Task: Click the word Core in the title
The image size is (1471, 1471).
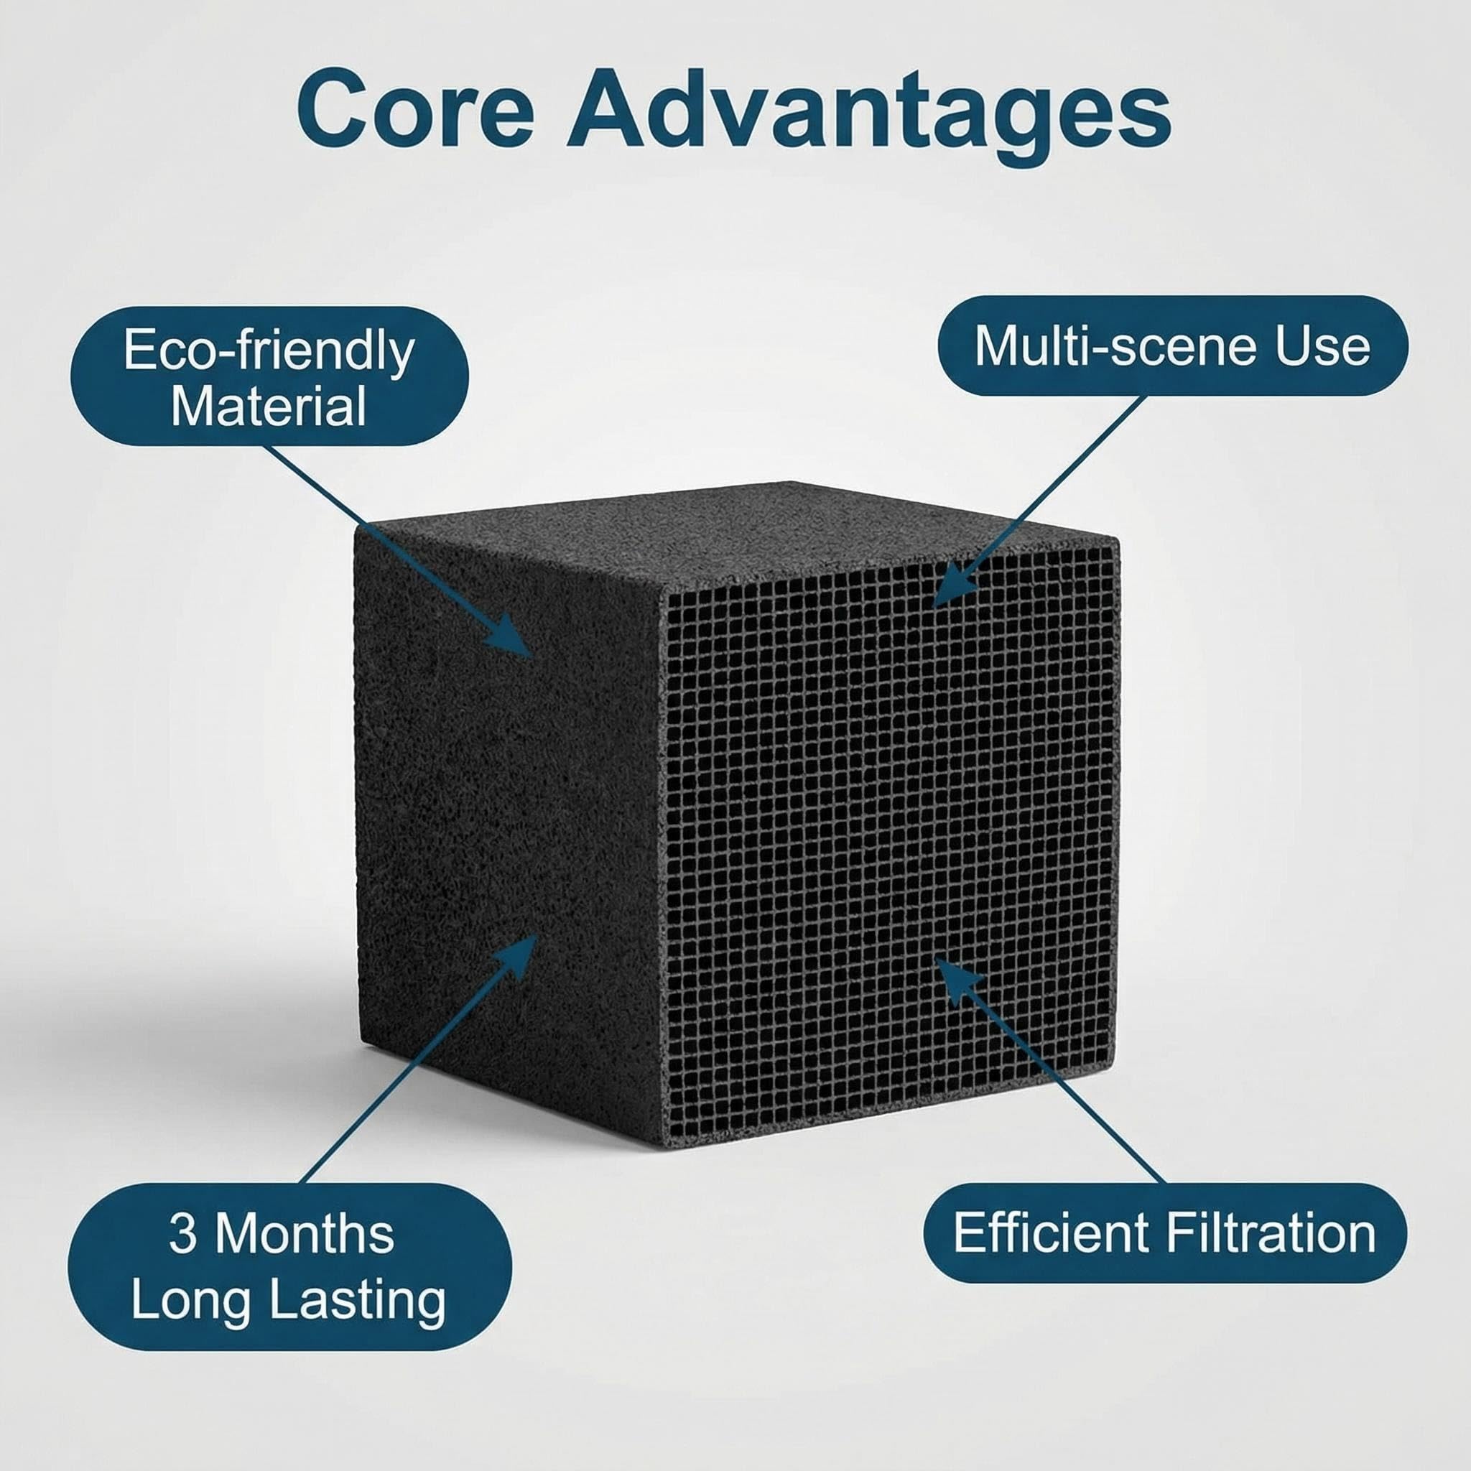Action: pyautogui.click(x=415, y=108)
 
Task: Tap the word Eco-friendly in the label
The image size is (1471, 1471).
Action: pyautogui.click(x=269, y=351)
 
